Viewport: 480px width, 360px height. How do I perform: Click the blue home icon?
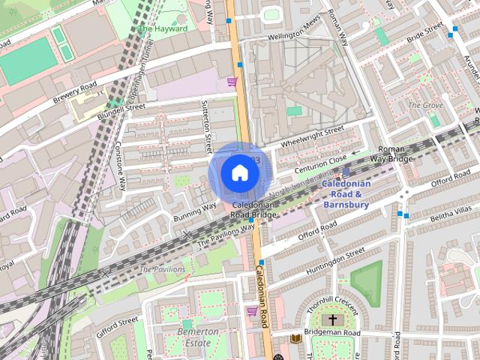tap(239, 172)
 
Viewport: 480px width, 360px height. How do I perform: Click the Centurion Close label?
tap(322, 160)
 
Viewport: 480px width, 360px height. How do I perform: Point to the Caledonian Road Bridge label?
tap(254, 209)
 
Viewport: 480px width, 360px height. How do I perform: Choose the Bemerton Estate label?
tap(198, 337)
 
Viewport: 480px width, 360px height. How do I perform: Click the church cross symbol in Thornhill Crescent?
tap(334, 319)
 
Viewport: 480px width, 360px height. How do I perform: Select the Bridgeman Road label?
tap(331, 332)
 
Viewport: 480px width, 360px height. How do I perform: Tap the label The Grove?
tap(425, 105)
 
